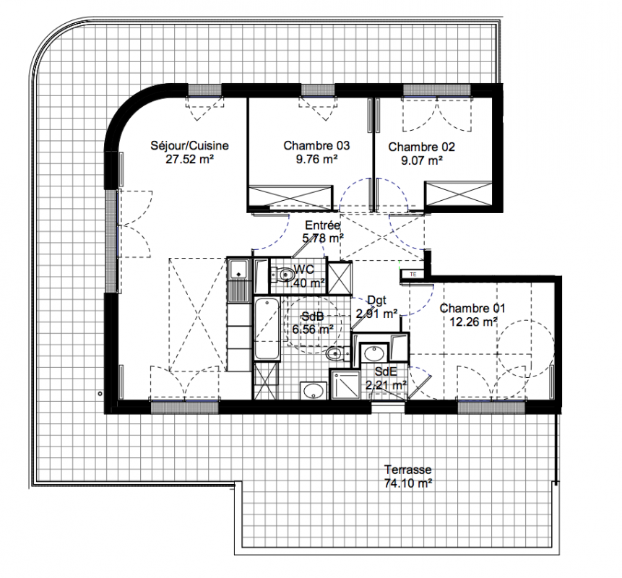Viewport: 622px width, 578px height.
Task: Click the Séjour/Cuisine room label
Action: (x=189, y=146)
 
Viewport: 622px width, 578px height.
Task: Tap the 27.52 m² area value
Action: (x=189, y=160)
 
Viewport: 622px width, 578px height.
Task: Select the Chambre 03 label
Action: (x=316, y=146)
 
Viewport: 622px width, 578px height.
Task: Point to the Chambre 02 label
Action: (x=421, y=147)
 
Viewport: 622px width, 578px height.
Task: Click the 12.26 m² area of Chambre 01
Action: (x=473, y=322)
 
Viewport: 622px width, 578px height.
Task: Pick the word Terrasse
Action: (x=407, y=470)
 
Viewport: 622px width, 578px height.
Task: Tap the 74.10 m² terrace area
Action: (x=407, y=483)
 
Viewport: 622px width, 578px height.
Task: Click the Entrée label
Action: (x=322, y=225)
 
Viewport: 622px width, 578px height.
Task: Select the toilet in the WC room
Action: (x=282, y=274)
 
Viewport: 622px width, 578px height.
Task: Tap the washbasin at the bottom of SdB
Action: (x=313, y=390)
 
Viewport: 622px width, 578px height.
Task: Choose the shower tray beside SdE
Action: (x=345, y=384)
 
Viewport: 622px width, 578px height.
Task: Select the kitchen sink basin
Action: (x=239, y=269)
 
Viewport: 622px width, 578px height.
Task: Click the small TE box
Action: (x=413, y=274)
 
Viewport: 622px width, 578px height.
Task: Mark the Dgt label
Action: (x=376, y=301)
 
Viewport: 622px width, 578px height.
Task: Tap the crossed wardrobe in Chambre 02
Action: (x=458, y=194)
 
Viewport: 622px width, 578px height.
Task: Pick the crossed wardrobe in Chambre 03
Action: (x=290, y=197)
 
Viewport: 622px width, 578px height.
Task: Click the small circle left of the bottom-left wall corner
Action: (x=100, y=394)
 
